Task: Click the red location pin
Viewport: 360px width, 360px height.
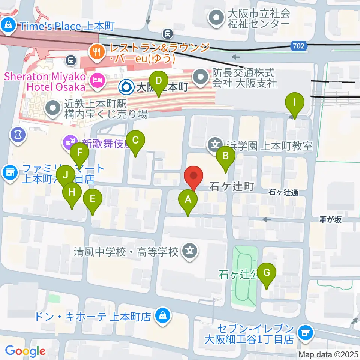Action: click(194, 177)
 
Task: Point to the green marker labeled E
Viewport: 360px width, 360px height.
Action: click(93, 199)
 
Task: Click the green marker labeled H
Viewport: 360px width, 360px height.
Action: click(72, 193)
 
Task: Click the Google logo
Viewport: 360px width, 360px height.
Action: click(25, 351)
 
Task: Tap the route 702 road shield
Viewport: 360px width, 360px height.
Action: click(299, 46)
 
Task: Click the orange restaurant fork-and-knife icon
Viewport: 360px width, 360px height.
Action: click(97, 51)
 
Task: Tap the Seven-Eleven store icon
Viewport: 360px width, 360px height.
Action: click(304, 332)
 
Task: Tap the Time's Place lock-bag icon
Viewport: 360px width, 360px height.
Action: click(7, 25)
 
